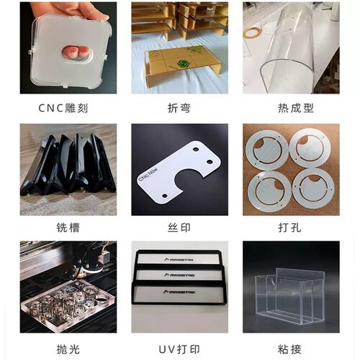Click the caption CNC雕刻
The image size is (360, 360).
[x=67, y=109]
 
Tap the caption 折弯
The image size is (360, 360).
[x=179, y=109]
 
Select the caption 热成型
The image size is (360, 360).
[x=291, y=109]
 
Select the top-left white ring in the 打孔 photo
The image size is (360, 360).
[x=269, y=148]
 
